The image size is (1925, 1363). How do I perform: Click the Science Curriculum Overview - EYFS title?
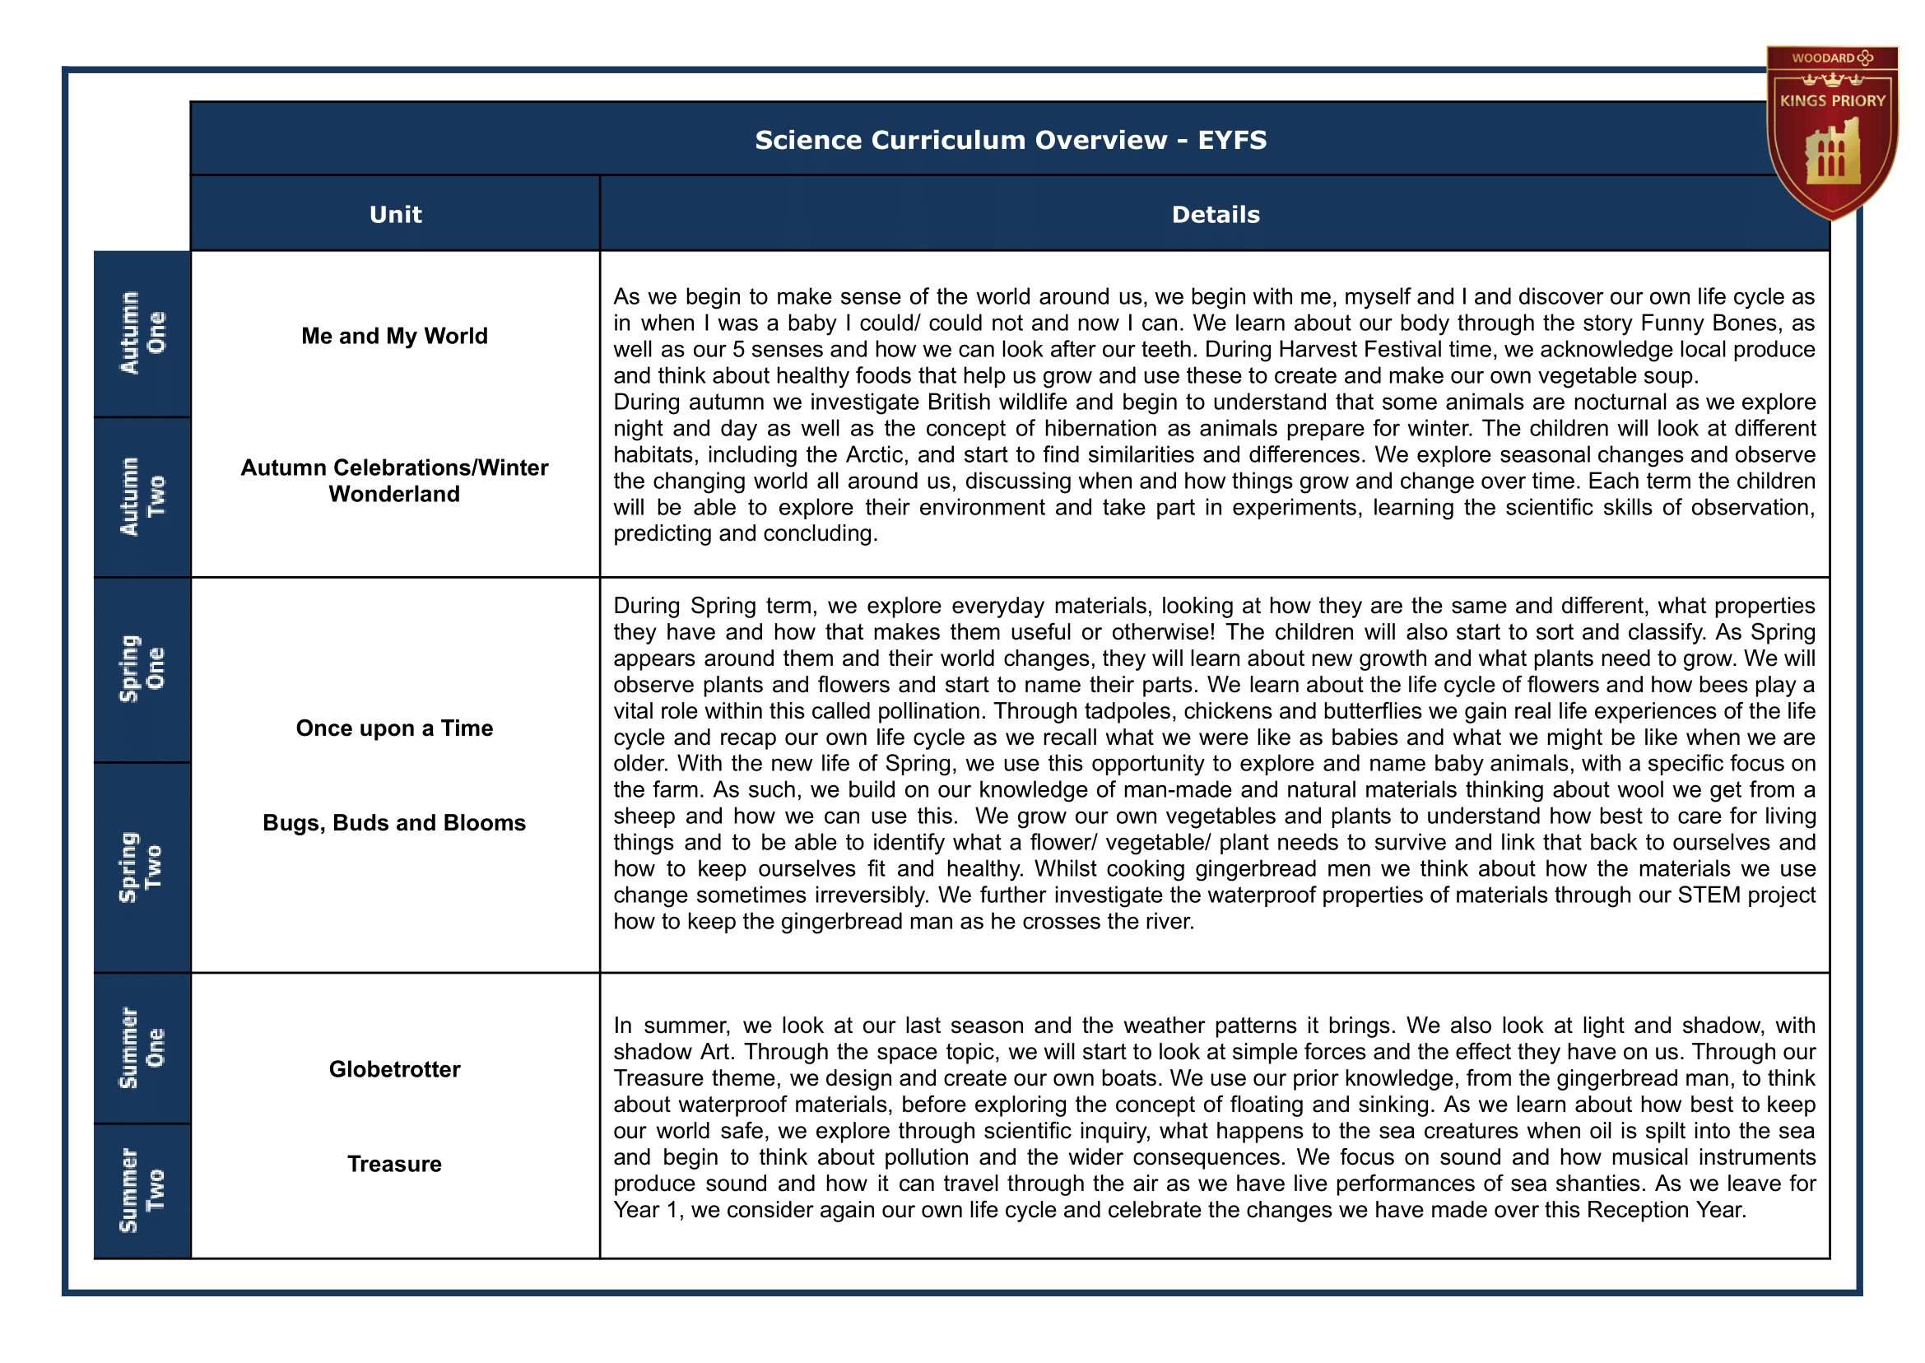[1010, 139]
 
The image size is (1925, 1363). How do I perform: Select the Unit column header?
[395, 214]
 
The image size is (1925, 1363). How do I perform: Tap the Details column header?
[1215, 214]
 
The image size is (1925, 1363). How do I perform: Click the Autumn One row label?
[142, 333]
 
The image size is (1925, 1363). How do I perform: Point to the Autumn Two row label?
[142, 497]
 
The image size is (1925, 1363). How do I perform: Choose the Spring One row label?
[142, 669]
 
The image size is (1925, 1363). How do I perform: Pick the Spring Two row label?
[142, 868]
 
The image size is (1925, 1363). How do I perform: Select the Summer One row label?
[142, 1049]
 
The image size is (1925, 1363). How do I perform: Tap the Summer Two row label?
[142, 1191]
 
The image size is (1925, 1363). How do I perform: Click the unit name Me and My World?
[394, 336]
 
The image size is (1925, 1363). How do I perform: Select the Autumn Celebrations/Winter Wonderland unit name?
[394, 480]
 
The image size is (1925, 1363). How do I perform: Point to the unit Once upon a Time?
[394, 728]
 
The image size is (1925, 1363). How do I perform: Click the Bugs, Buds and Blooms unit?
[394, 822]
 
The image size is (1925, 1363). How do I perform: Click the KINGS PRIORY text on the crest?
[1833, 100]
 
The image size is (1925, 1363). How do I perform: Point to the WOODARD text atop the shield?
[1823, 58]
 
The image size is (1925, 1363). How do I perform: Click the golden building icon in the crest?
[1833, 154]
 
